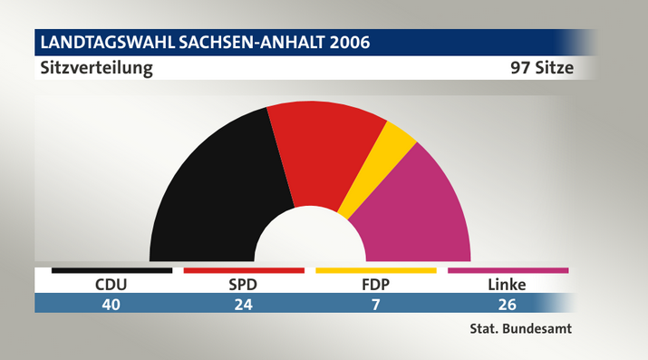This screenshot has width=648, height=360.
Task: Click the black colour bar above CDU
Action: pyautogui.click(x=112, y=271)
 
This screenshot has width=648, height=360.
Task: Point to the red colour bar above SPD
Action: pyautogui.click(x=244, y=271)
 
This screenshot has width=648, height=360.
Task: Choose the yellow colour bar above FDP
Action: pyautogui.click(x=376, y=271)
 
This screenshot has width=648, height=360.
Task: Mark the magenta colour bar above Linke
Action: pyautogui.click(x=508, y=271)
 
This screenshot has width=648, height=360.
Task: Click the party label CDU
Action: pyautogui.click(x=111, y=285)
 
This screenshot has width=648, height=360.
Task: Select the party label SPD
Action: pyautogui.click(x=243, y=285)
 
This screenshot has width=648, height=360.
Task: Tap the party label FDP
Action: pyautogui.click(x=375, y=285)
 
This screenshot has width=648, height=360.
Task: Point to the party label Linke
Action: pyautogui.click(x=508, y=285)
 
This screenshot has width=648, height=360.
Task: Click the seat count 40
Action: pyautogui.click(x=111, y=305)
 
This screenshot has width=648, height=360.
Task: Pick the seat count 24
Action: pyautogui.click(x=244, y=305)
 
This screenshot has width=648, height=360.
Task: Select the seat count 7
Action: pyautogui.click(x=375, y=305)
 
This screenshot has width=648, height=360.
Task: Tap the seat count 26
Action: pyautogui.click(x=508, y=305)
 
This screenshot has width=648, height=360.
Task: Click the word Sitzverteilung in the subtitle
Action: pyautogui.click(x=97, y=68)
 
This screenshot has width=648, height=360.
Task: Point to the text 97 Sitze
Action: pyautogui.click(x=542, y=68)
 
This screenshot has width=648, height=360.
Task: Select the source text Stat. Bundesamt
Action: pyautogui.click(x=521, y=328)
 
